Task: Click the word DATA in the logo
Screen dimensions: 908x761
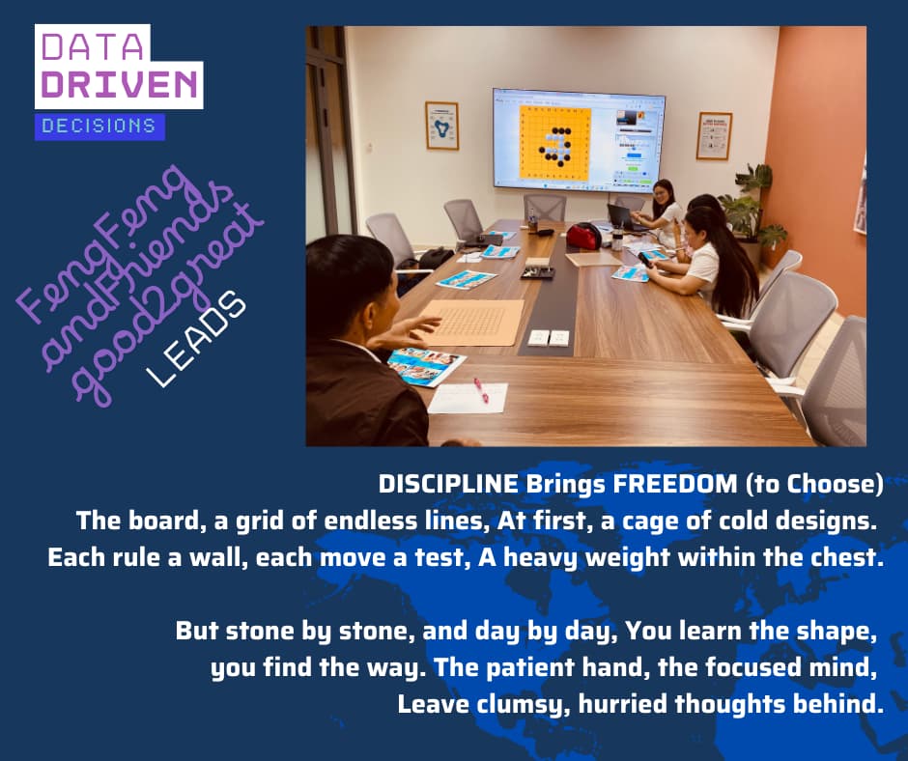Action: tap(92, 46)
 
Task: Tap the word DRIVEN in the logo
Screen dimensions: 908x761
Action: tap(119, 85)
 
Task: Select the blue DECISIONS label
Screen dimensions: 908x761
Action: tap(99, 126)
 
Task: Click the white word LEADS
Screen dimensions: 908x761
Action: tap(198, 338)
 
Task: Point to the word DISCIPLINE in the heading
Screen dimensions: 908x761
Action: tap(448, 484)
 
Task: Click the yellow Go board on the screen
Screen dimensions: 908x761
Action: tap(554, 143)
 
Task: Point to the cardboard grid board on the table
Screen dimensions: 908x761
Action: tap(476, 322)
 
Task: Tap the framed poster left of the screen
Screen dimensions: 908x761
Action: tap(441, 126)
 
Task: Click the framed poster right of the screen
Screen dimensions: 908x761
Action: tap(714, 135)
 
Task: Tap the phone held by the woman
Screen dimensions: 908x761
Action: tap(644, 259)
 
